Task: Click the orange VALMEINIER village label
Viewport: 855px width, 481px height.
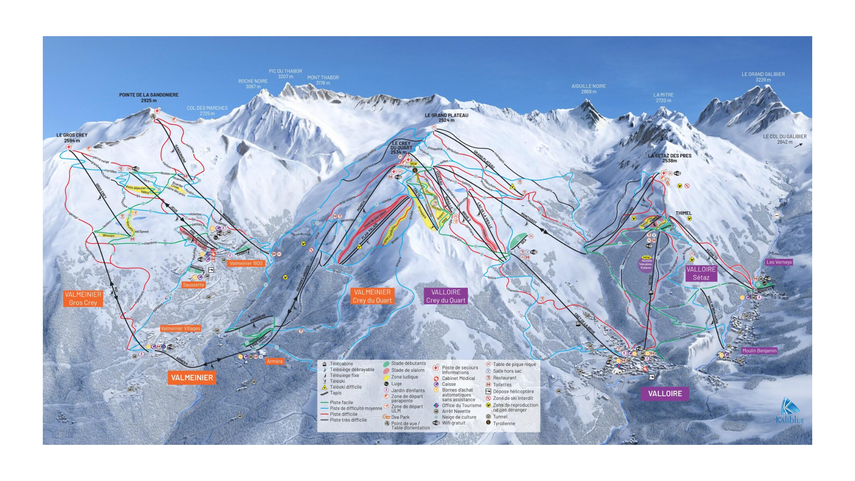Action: tap(192, 377)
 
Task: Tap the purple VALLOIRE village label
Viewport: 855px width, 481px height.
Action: tap(665, 394)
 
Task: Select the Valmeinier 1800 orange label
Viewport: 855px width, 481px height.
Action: tap(246, 263)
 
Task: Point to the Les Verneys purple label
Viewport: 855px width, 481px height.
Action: tap(779, 262)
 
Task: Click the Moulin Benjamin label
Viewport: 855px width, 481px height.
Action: tap(759, 351)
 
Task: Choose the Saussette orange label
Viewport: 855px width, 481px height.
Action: tap(193, 285)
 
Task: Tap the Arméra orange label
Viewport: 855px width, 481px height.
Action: tap(275, 361)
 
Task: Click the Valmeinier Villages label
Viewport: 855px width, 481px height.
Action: tap(181, 328)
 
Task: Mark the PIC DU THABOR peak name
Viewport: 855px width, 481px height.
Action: tap(285, 74)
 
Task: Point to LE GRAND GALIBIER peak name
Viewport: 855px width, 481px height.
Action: tap(763, 77)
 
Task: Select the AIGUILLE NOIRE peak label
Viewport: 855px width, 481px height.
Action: tap(588, 89)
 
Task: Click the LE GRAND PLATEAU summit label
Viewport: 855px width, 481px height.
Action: tap(446, 117)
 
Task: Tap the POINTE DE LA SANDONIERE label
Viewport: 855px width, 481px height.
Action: tap(148, 97)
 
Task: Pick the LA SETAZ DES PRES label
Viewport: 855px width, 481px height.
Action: tap(670, 158)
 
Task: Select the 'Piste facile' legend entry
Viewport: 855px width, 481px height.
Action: tap(341, 402)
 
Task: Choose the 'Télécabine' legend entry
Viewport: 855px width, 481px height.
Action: tap(341, 364)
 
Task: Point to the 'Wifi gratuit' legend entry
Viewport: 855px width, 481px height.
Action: tap(453, 423)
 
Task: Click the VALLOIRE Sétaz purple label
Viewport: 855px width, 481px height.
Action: tap(701, 273)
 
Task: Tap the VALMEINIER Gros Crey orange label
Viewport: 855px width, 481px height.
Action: tap(83, 299)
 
